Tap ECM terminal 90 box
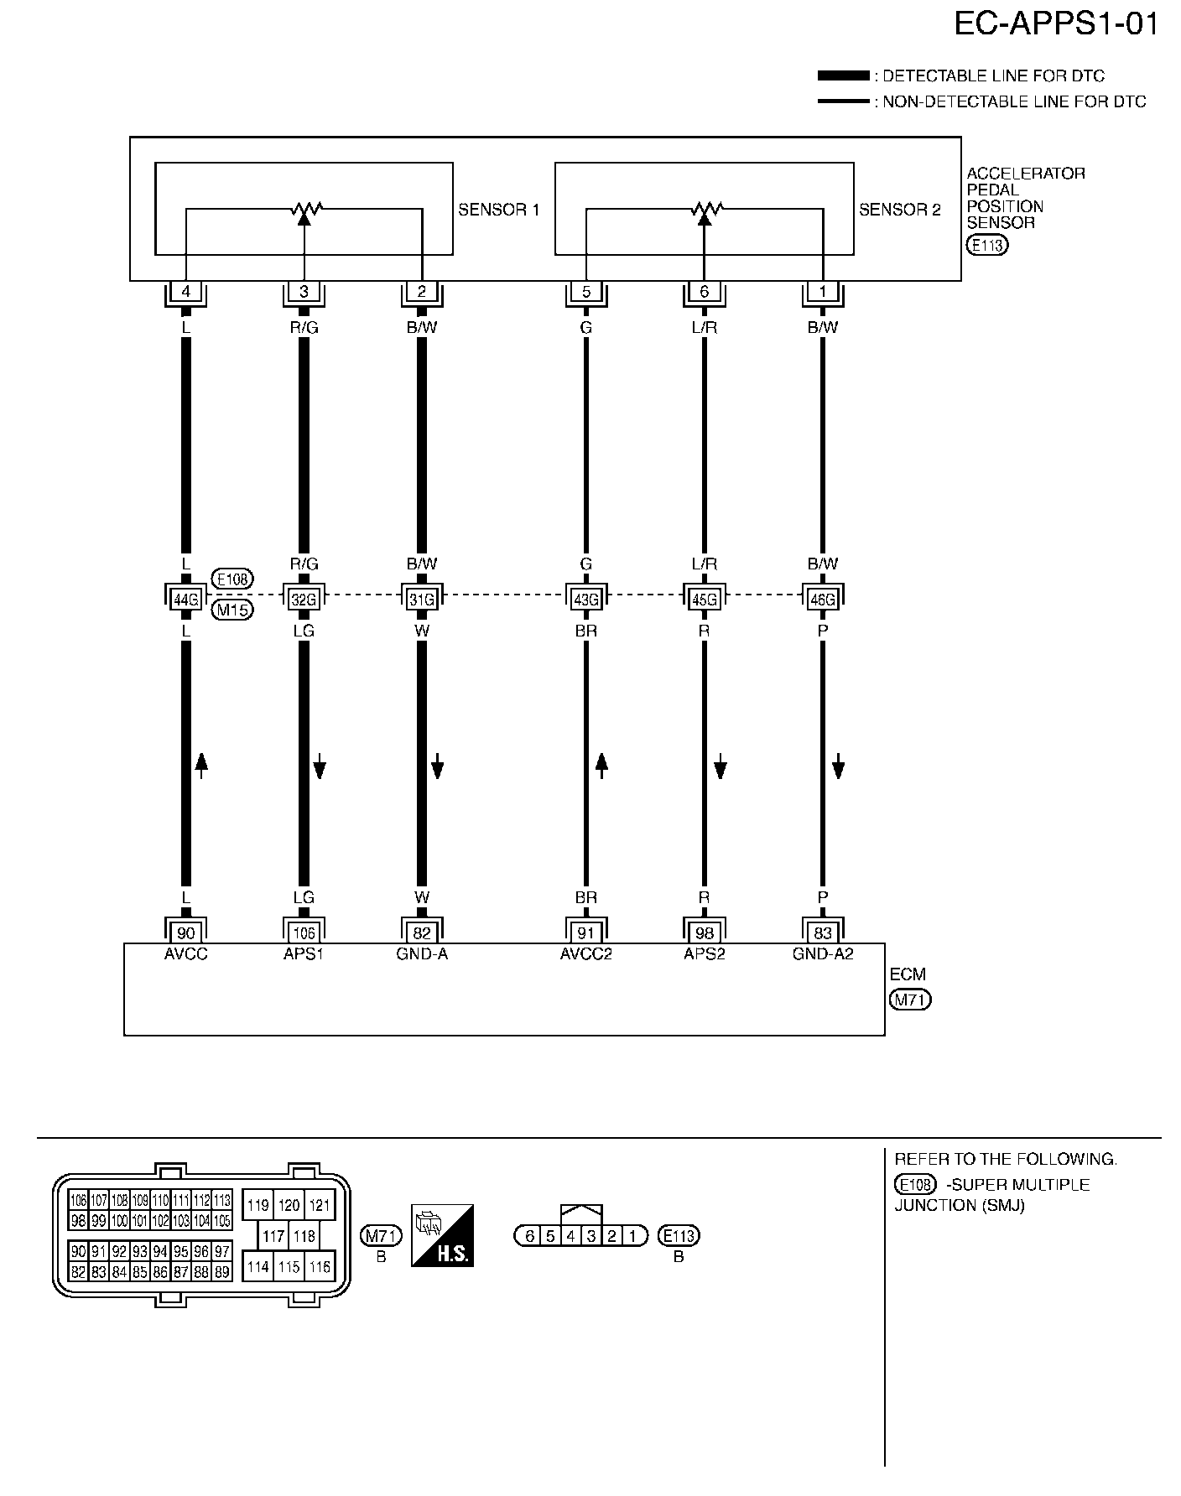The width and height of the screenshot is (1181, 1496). [x=185, y=932]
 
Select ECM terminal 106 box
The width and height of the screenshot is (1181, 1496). [x=304, y=932]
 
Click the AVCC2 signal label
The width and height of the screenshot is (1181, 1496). [x=585, y=953]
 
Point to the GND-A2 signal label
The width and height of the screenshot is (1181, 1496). [x=822, y=953]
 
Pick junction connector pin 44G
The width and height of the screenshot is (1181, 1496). [x=185, y=599]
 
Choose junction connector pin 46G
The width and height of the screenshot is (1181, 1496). [x=822, y=599]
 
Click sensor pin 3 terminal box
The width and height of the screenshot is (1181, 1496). [x=304, y=292]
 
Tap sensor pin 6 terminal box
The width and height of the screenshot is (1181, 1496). [x=704, y=292]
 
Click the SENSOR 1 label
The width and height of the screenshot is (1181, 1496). [x=498, y=210]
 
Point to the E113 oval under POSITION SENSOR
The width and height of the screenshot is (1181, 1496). [x=987, y=246]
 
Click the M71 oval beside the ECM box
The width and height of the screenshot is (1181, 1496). [x=911, y=1000]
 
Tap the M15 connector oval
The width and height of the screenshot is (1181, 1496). [x=233, y=610]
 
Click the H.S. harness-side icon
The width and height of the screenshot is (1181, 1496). [x=442, y=1235]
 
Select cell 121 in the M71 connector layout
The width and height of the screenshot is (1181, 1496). [x=319, y=1206]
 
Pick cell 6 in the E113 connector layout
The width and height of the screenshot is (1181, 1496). [x=529, y=1236]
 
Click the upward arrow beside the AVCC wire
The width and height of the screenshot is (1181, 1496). [x=201, y=765]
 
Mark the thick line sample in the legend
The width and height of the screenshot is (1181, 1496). [x=843, y=76]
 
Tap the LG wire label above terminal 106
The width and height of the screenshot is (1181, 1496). [x=304, y=898]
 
